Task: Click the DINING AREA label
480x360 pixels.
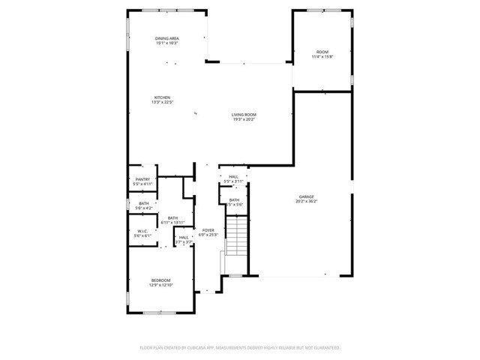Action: click(166, 38)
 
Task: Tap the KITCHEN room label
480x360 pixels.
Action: click(163, 97)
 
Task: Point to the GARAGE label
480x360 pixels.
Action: click(306, 196)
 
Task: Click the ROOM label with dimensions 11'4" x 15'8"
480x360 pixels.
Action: click(322, 52)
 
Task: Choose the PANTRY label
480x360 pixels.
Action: click(142, 179)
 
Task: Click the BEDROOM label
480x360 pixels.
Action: click(162, 280)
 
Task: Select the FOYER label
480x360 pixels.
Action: click(208, 230)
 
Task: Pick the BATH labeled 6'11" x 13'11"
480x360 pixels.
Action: click(172, 218)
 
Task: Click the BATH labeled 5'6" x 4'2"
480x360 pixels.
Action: click(142, 203)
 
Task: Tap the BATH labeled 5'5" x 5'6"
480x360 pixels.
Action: click(235, 200)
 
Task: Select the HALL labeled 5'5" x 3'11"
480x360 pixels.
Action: click(234, 177)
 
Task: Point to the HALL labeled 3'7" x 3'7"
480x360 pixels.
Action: click(184, 238)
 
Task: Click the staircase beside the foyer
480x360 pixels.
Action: click(236, 236)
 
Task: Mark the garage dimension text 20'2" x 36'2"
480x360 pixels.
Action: click(306, 201)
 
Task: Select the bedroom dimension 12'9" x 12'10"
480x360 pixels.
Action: click(162, 286)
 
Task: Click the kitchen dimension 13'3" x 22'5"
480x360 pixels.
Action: click(163, 103)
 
